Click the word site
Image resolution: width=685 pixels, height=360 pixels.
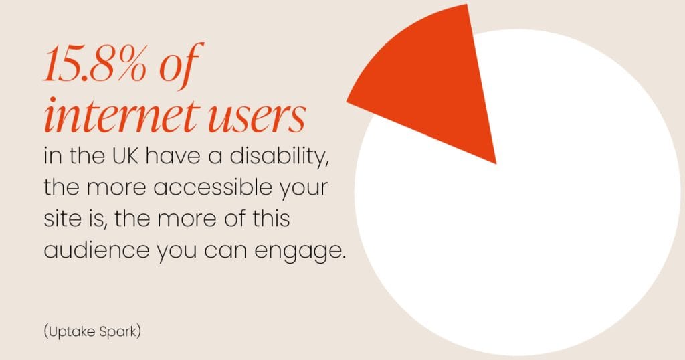pos(59,219)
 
